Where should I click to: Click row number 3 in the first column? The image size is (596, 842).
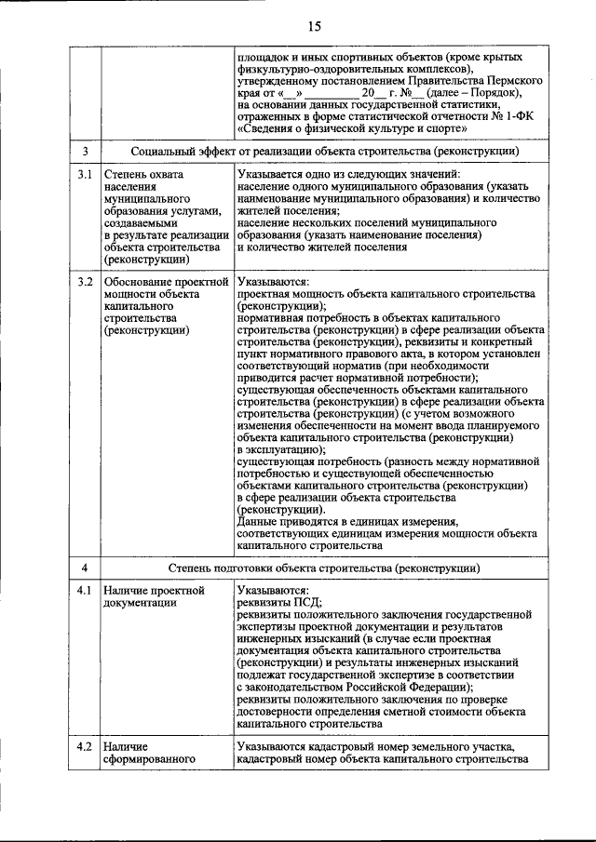(x=85, y=151)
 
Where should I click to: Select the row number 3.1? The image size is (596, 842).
(x=85, y=175)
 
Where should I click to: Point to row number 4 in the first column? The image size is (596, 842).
(x=85, y=567)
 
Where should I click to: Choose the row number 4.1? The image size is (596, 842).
(x=85, y=590)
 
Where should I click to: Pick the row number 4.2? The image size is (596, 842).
(x=85, y=746)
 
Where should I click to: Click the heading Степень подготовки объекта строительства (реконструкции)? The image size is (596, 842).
(x=324, y=567)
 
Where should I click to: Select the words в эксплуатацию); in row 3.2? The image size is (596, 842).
(x=281, y=449)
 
